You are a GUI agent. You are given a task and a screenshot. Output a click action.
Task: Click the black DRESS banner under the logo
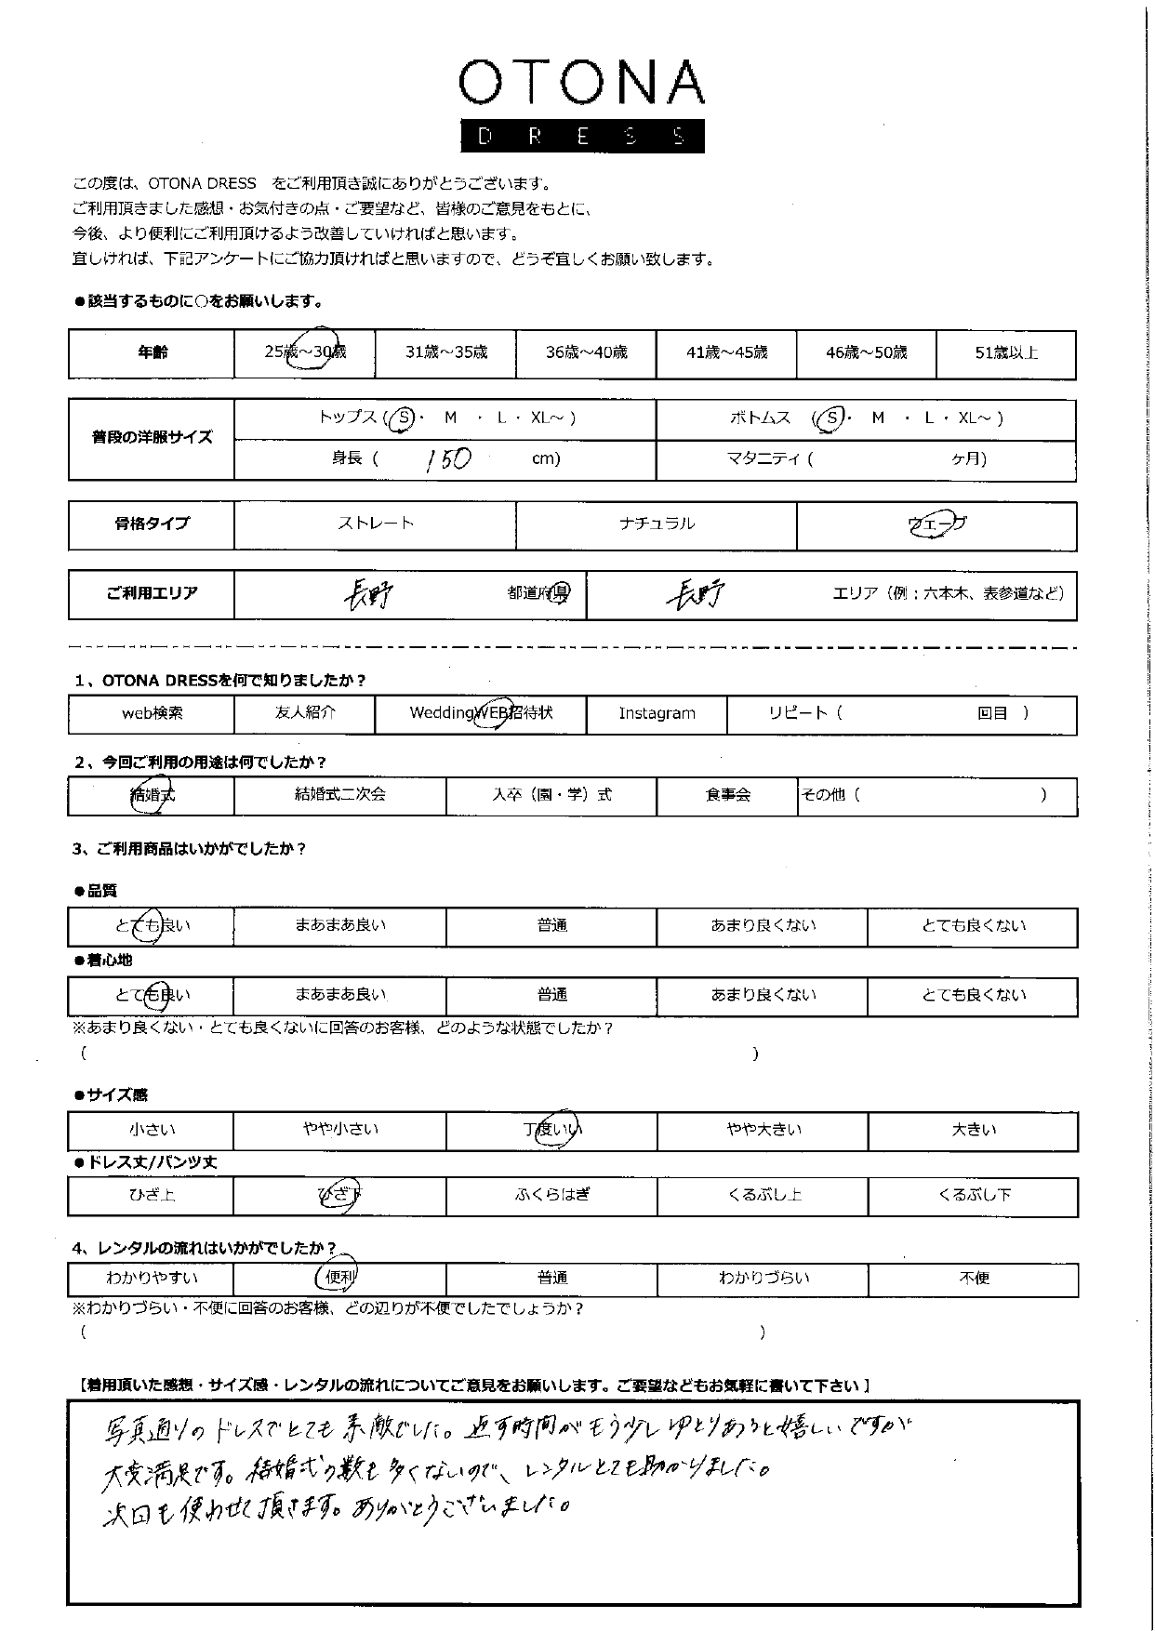pyautogui.click(x=582, y=137)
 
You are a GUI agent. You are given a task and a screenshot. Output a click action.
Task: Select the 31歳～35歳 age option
pyautogui.click(x=445, y=352)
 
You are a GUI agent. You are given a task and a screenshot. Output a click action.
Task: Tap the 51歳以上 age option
pyautogui.click(x=1005, y=352)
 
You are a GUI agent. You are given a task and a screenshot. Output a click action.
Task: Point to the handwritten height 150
pyautogui.click(x=448, y=459)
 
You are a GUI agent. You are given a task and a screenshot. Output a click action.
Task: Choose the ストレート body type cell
pyautogui.click(x=376, y=524)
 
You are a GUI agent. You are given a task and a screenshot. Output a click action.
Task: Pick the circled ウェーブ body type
pyautogui.click(x=936, y=524)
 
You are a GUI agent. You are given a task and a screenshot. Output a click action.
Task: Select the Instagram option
pyautogui.click(x=657, y=713)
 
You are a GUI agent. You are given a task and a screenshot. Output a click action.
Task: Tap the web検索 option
pyautogui.click(x=153, y=713)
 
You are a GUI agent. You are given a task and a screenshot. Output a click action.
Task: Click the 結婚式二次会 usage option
pyautogui.click(x=339, y=795)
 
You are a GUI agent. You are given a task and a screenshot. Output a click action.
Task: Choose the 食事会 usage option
pyautogui.click(x=727, y=795)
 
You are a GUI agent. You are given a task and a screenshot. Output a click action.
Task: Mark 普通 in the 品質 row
pyautogui.click(x=551, y=925)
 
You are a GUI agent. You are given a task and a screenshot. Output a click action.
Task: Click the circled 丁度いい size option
pyautogui.click(x=551, y=1130)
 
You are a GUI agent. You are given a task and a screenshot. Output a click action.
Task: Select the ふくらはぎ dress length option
pyautogui.click(x=551, y=1195)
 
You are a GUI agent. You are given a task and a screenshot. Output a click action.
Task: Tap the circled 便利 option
pyautogui.click(x=339, y=1278)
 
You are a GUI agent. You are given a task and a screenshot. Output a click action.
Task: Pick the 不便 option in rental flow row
pyautogui.click(x=974, y=1278)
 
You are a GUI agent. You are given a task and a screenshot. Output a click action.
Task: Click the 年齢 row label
pyautogui.click(x=153, y=352)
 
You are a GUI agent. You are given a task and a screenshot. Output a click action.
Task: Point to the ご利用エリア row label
pyautogui.click(x=153, y=593)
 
